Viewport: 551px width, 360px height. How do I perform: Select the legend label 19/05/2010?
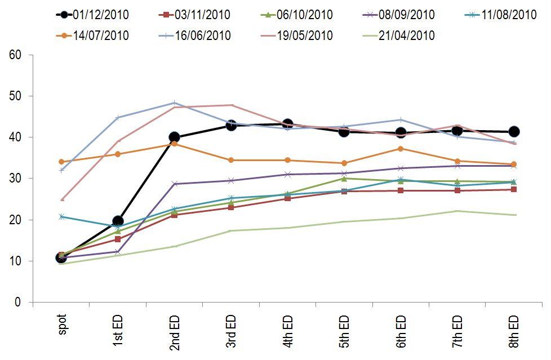(x=307, y=35)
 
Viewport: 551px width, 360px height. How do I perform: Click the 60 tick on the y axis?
(x=15, y=55)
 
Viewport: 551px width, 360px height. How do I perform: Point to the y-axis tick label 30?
(x=15, y=179)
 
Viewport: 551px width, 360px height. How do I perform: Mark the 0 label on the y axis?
(x=17, y=303)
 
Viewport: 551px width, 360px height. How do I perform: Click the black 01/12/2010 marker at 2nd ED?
(x=174, y=137)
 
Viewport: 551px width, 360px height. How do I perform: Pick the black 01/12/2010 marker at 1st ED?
(x=118, y=221)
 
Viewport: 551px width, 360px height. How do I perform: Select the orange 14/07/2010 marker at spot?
(x=61, y=162)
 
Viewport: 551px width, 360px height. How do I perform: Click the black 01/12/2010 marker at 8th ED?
(x=514, y=132)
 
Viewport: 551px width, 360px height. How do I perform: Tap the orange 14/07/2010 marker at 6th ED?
(x=401, y=149)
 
